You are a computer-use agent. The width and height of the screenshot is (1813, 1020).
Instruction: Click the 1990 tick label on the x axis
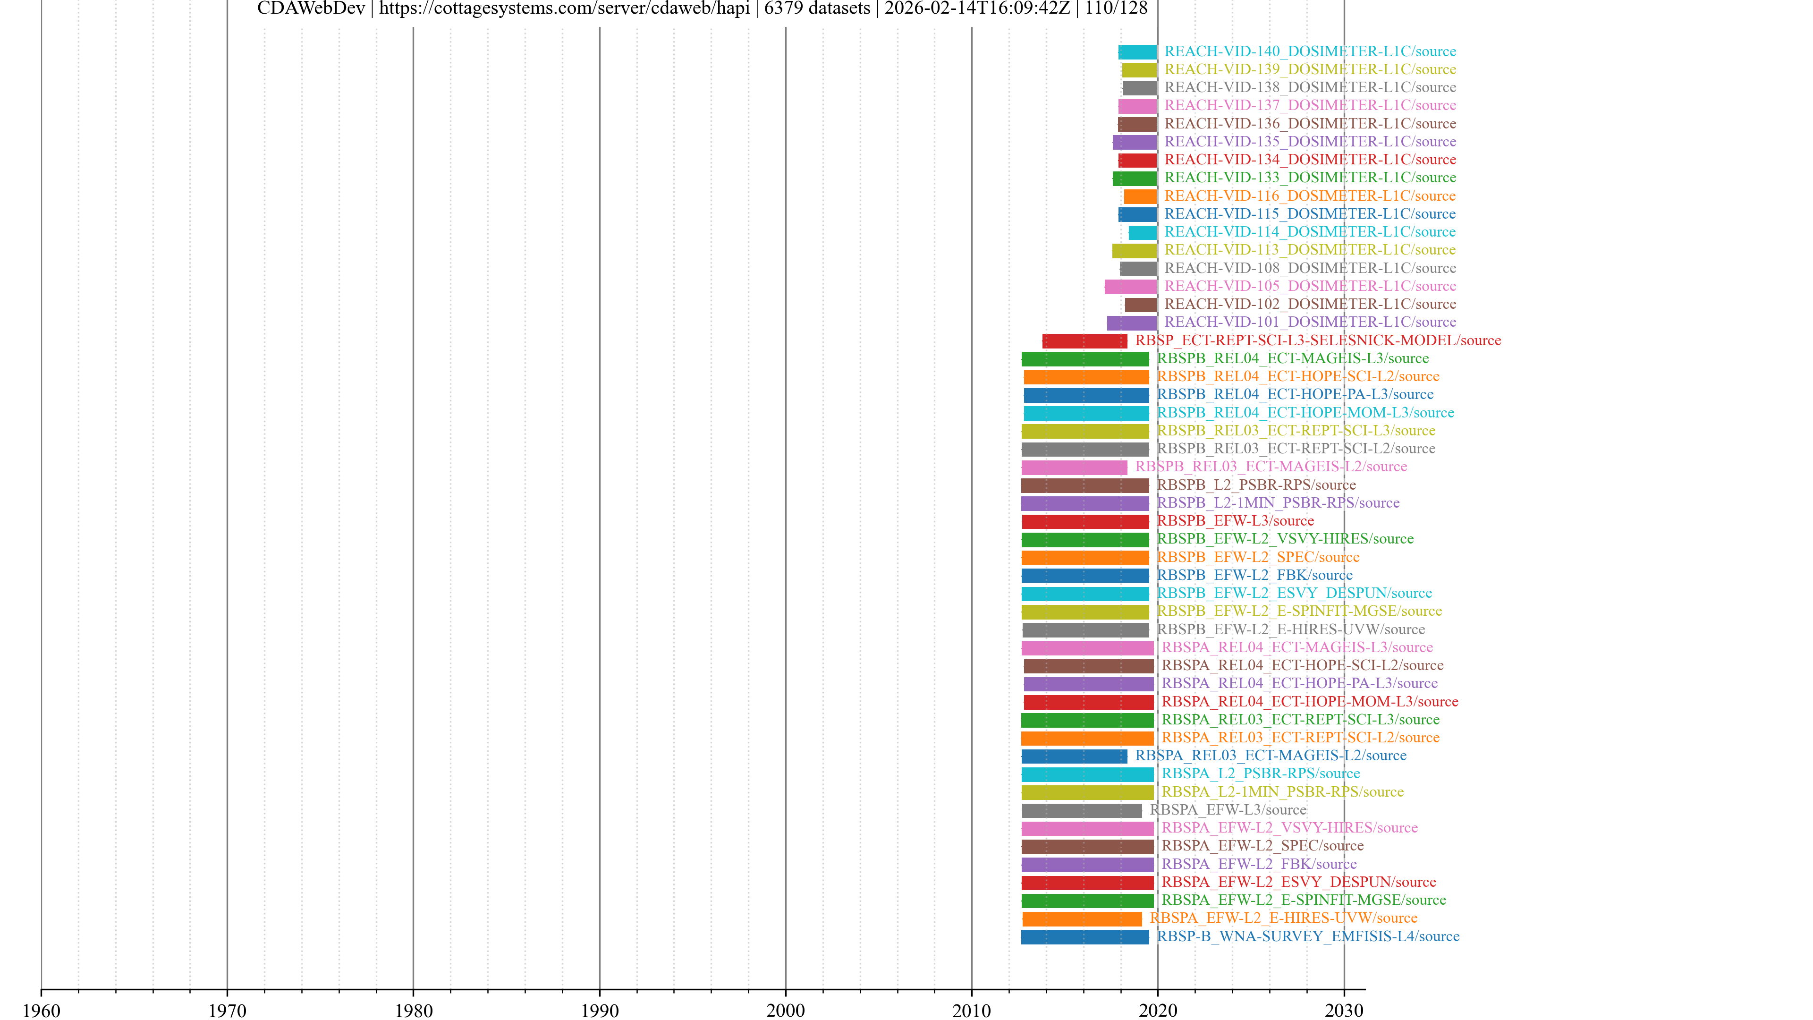599,1010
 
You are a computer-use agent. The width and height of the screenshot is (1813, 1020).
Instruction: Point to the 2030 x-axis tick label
1344,1010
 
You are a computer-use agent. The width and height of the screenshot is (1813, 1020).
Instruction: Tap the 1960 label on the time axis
42,1010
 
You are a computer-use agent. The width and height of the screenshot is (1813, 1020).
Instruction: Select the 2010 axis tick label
971,1010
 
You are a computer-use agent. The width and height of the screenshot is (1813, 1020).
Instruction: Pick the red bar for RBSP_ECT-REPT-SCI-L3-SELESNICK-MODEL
1084,340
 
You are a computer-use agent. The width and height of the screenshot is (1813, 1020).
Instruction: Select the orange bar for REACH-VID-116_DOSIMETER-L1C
1140,196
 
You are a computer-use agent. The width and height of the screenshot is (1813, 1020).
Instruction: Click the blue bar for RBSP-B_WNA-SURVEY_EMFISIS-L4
1084,937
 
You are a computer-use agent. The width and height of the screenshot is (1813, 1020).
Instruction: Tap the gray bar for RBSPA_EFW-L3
1082,811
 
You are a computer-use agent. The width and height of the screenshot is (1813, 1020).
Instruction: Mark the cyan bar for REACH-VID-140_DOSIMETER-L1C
1137,52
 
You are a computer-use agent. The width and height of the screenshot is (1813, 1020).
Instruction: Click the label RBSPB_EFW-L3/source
1235,521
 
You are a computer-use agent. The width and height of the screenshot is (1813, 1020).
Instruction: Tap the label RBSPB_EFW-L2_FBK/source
1254,575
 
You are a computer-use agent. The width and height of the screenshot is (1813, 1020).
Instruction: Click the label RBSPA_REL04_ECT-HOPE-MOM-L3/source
1309,702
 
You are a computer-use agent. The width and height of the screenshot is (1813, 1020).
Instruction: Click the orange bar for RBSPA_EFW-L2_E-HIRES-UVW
1082,918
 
